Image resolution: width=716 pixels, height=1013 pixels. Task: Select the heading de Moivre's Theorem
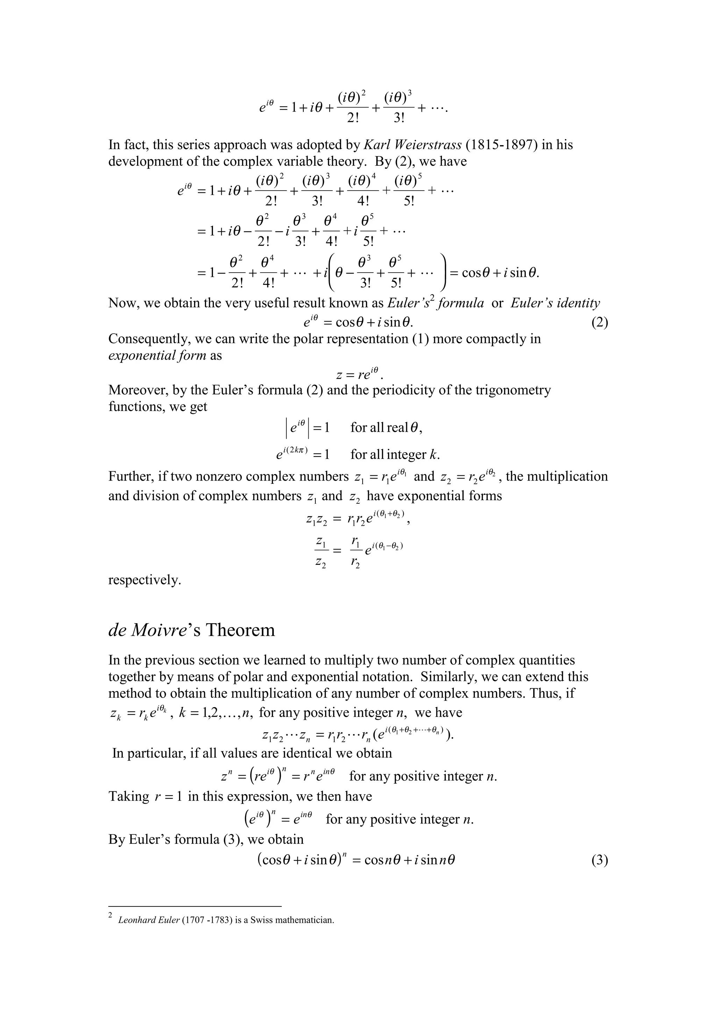tap(192, 630)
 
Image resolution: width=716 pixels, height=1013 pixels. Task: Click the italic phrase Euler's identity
tap(555, 303)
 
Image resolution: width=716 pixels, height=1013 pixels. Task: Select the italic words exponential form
tap(157, 355)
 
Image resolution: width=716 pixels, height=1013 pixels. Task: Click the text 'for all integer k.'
tap(395, 454)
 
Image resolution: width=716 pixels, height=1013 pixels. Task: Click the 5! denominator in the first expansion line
tap(409, 201)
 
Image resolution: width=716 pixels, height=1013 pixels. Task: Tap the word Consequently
tap(149, 339)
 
